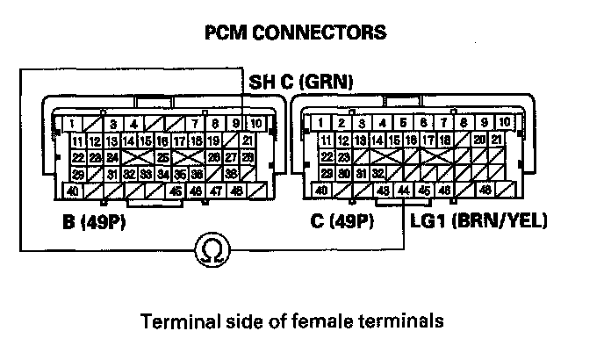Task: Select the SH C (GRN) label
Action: click(301, 83)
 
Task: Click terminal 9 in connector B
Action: click(236, 123)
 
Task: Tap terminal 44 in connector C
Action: click(403, 191)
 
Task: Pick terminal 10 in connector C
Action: click(504, 123)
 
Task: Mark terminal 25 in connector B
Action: click(163, 157)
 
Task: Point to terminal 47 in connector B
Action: click(213, 191)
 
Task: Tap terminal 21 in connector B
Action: click(248, 140)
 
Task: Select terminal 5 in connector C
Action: click(403, 123)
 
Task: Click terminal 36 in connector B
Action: click(230, 174)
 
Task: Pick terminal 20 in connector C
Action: click(478, 140)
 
